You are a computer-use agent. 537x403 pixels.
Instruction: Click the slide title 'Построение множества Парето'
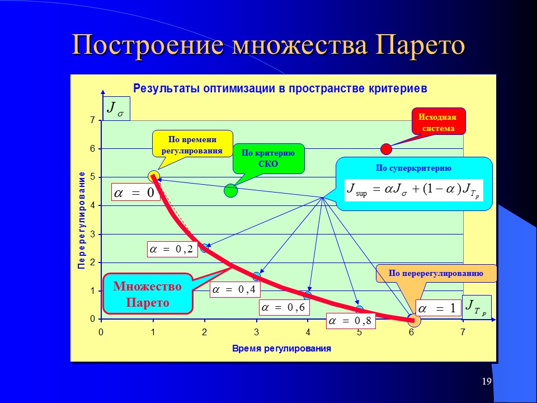tap(268, 46)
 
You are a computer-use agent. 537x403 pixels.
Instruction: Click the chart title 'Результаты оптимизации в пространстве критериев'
tap(280, 88)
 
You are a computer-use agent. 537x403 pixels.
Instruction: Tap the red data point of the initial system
tap(386, 149)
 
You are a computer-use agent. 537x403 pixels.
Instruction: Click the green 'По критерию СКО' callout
tap(268, 158)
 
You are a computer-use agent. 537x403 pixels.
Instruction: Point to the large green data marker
tap(230, 190)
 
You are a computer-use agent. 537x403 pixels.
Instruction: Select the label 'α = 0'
tap(134, 193)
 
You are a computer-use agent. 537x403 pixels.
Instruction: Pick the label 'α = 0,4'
tap(234, 290)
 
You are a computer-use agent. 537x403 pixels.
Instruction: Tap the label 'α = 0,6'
tap(284, 307)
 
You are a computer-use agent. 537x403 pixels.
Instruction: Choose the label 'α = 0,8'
tap(351, 321)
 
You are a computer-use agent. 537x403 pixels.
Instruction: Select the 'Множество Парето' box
tap(148, 294)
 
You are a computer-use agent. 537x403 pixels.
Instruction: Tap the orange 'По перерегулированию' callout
tap(436, 273)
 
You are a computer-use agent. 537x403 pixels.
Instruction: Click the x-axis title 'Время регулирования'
tap(281, 348)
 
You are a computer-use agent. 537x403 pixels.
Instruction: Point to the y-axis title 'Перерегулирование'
tap(81, 220)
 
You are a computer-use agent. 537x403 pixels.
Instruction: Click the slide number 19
tap(486, 382)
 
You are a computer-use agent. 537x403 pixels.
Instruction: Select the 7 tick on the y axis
tap(92, 120)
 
